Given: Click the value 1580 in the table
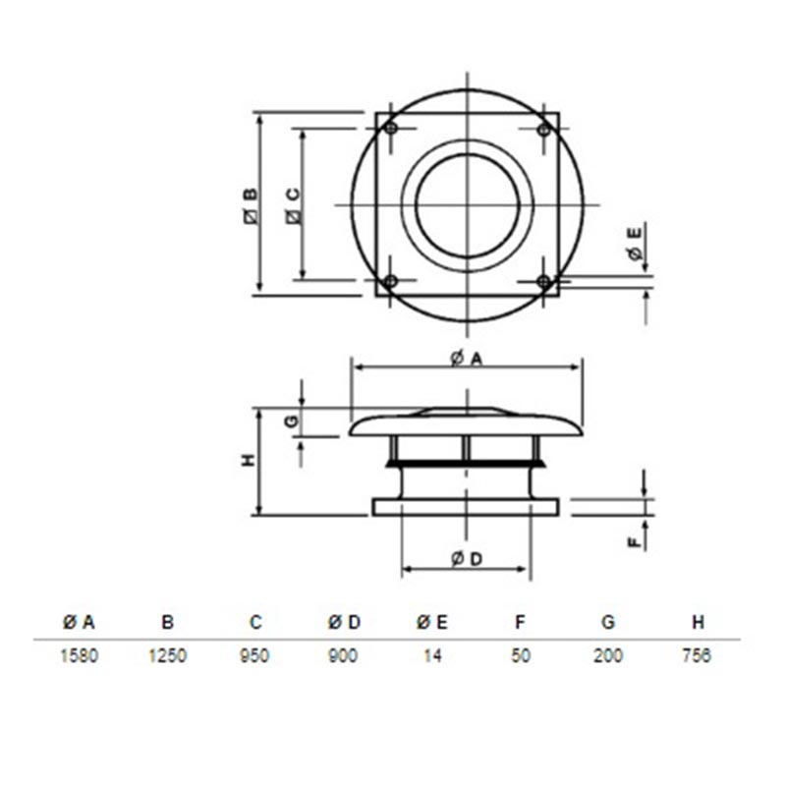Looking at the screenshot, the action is pos(79,655).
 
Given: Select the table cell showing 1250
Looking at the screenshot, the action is pos(167,655).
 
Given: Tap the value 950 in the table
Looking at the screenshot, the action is pos(254,655).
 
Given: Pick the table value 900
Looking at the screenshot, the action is pos(343,655).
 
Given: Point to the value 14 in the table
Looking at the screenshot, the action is pos(432,655).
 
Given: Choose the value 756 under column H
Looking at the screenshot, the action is pos(697,655).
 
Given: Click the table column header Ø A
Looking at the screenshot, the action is pos(79,622).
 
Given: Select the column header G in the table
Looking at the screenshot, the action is pos(608,622).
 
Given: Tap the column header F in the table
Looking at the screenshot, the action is pos(521,622).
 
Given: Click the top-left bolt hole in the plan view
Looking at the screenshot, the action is pos(391,129).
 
